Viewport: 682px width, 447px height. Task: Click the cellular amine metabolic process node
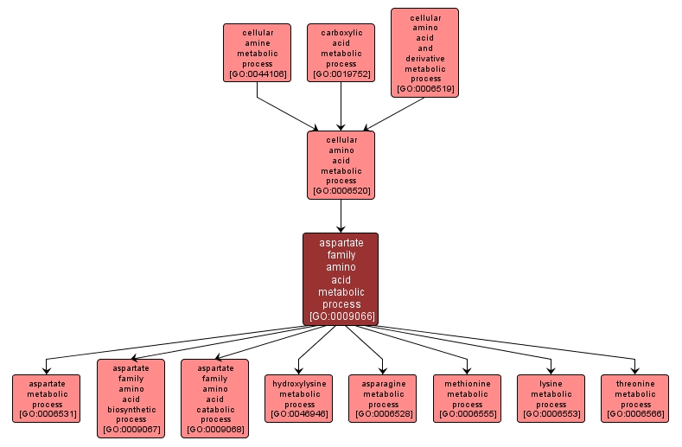pyautogui.click(x=257, y=53)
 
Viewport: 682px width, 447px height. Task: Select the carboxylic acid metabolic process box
pyautogui.click(x=341, y=53)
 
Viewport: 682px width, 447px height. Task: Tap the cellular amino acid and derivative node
pyautogui.click(x=424, y=53)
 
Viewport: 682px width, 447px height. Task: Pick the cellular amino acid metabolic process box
pyautogui.click(x=341, y=164)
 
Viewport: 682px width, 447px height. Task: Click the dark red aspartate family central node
pyautogui.click(x=341, y=278)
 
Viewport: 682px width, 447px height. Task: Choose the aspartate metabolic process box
pyautogui.click(x=47, y=398)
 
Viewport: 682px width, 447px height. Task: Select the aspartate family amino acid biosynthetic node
pyautogui.click(x=131, y=398)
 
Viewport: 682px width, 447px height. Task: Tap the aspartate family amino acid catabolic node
pyautogui.click(x=214, y=398)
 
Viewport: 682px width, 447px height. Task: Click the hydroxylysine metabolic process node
pyautogui.click(x=299, y=398)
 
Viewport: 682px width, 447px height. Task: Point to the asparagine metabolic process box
pyautogui.click(x=383, y=398)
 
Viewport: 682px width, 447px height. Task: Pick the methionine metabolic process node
pyautogui.click(x=467, y=398)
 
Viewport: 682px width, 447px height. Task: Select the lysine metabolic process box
pyautogui.click(x=551, y=398)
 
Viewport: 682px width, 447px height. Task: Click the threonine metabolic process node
pyautogui.click(x=635, y=398)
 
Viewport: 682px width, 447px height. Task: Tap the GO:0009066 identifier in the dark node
pyautogui.click(x=341, y=316)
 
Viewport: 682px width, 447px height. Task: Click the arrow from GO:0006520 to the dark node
pyautogui.click(x=341, y=216)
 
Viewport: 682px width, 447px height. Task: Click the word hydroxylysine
pyautogui.click(x=299, y=383)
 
